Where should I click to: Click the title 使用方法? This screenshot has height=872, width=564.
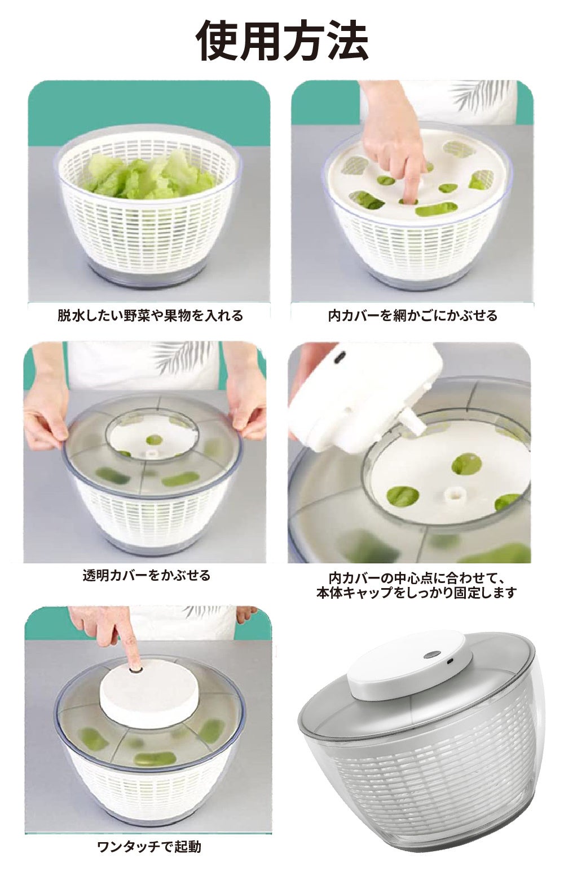tap(282, 41)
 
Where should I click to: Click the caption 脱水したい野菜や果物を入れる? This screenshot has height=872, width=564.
tap(150, 315)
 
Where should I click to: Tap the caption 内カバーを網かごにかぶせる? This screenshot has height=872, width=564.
tap(413, 315)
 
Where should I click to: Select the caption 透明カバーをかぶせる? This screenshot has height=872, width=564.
tap(147, 575)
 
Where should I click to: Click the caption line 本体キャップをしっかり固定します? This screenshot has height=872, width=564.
tap(416, 593)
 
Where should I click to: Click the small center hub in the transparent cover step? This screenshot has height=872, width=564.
tap(149, 455)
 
